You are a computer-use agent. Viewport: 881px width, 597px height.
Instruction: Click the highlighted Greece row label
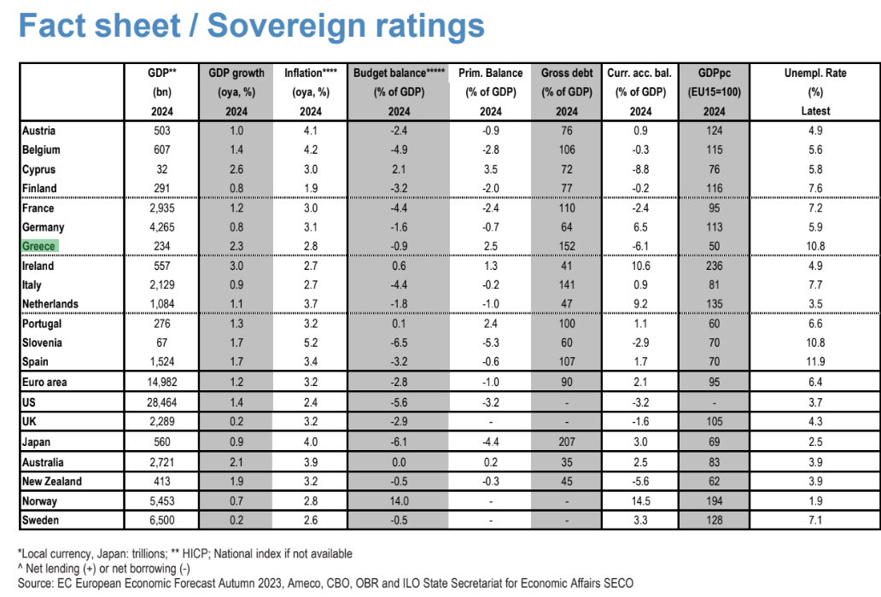(x=39, y=246)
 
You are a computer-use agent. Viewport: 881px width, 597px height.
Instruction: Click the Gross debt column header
(x=567, y=73)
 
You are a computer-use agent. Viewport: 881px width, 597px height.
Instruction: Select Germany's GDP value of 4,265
(x=162, y=227)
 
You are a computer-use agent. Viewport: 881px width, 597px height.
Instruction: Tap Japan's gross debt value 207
(x=567, y=442)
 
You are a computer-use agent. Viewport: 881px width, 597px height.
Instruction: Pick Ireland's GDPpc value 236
(x=715, y=266)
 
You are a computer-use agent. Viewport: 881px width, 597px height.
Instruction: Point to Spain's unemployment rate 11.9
(x=815, y=361)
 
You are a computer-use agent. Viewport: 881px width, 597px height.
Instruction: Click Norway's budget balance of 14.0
(x=399, y=500)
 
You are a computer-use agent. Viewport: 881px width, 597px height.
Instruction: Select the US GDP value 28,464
(x=162, y=402)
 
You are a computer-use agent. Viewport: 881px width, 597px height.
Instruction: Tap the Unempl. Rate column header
(x=815, y=73)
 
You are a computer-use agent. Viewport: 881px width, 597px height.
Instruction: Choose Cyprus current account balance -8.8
(x=640, y=169)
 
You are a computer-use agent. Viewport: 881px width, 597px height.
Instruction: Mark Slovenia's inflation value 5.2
(x=311, y=342)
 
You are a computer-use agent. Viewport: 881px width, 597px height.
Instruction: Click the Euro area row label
(x=44, y=383)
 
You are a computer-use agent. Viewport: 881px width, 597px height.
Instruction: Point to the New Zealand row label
(x=52, y=481)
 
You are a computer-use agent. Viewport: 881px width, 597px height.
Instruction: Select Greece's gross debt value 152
(x=567, y=246)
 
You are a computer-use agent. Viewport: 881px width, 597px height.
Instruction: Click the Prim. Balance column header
(x=491, y=73)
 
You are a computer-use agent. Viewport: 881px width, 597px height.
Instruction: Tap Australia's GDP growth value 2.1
(x=236, y=462)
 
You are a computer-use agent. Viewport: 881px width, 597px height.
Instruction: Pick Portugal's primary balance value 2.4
(x=491, y=323)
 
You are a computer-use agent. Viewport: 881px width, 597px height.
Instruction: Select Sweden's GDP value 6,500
(x=162, y=520)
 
